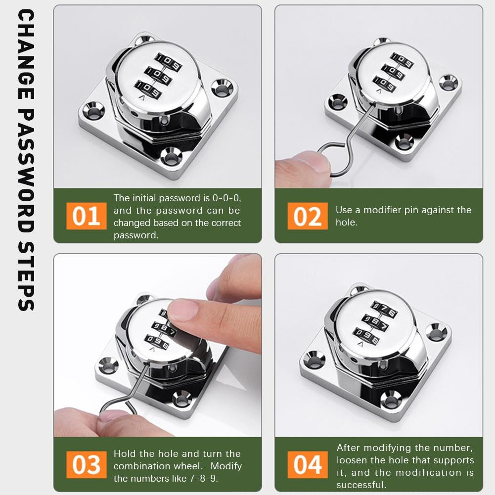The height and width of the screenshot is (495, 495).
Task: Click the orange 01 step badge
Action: pyautogui.click(x=86, y=216)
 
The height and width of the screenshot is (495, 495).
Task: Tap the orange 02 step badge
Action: pyautogui.click(x=307, y=216)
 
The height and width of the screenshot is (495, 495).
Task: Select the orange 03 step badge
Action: pyautogui.click(x=86, y=465)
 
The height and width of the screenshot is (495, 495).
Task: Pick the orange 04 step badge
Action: pyautogui.click(x=307, y=465)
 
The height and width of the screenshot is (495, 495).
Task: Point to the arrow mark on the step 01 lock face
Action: pyautogui.click(x=142, y=98)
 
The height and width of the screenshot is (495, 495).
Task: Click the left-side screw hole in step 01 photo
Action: pyautogui.click(x=93, y=109)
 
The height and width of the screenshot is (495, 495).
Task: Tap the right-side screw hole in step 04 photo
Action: pyautogui.click(x=436, y=332)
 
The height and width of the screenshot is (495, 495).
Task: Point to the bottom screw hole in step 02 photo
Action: pyautogui.click(x=404, y=142)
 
